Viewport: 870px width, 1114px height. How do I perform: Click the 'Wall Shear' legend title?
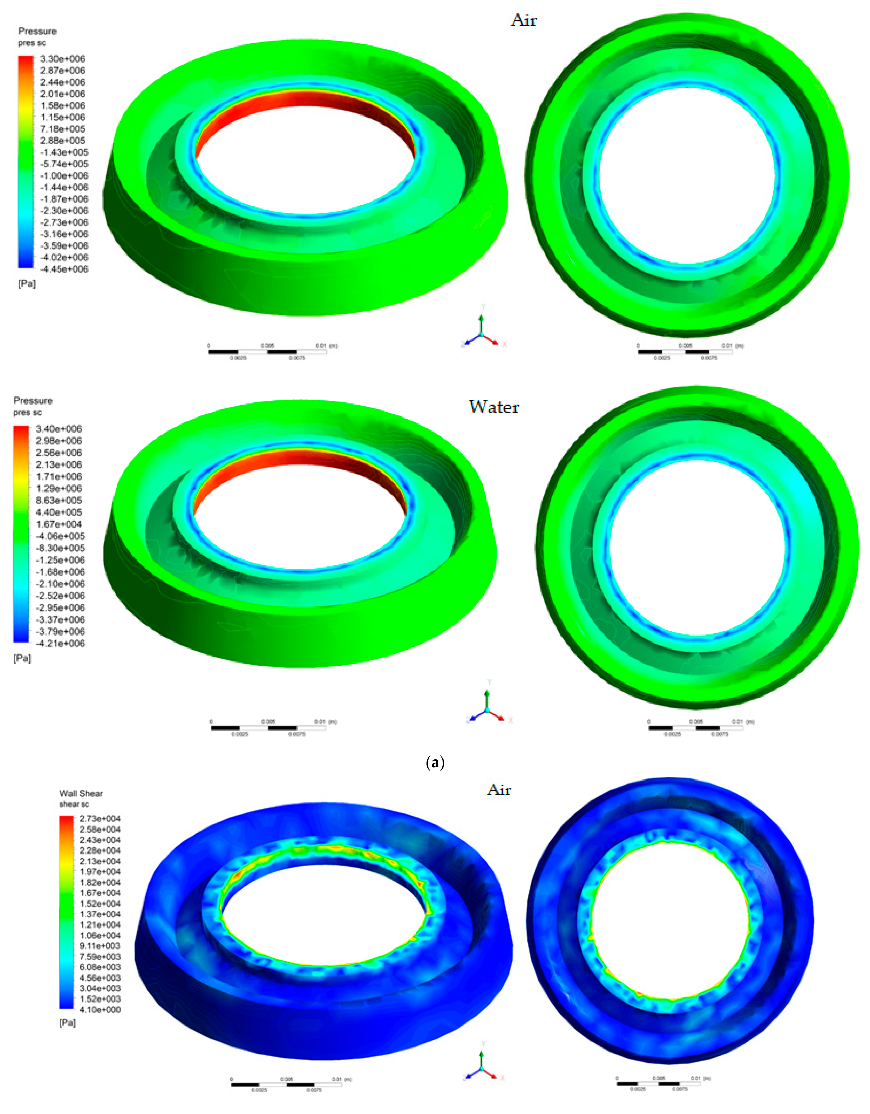pyautogui.click(x=81, y=794)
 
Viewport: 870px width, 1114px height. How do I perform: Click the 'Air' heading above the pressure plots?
pyautogui.click(x=523, y=20)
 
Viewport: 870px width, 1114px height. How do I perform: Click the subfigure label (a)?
pyautogui.click(x=435, y=763)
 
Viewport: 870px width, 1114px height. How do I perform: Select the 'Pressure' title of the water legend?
pyautogui.click(x=33, y=400)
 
